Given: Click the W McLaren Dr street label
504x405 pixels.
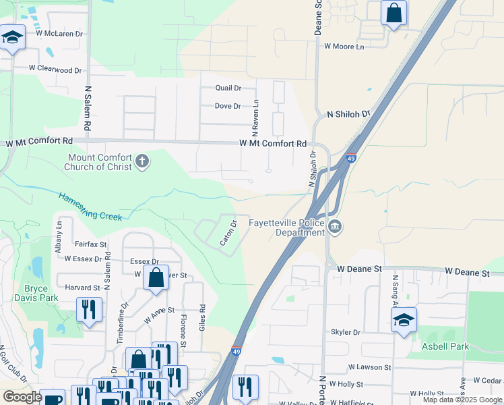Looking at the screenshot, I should pyautogui.click(x=59, y=33).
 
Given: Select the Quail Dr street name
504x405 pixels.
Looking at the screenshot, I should pyautogui.click(x=228, y=88).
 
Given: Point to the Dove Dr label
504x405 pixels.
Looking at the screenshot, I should pyautogui.click(x=227, y=106).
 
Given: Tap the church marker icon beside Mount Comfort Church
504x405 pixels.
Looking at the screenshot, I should pyautogui.click(x=141, y=161).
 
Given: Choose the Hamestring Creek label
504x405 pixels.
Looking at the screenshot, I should pyautogui.click(x=90, y=207).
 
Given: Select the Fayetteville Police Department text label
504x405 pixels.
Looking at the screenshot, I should pyautogui.click(x=286, y=227).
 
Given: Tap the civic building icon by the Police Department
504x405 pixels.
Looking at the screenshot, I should pyautogui.click(x=336, y=227).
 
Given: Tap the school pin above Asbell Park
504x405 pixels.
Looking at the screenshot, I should pyautogui.click(x=404, y=320).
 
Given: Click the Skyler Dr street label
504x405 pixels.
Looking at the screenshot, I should pyautogui.click(x=346, y=332).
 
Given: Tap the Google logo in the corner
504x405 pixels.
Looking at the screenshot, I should pyautogui.click(x=22, y=397).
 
